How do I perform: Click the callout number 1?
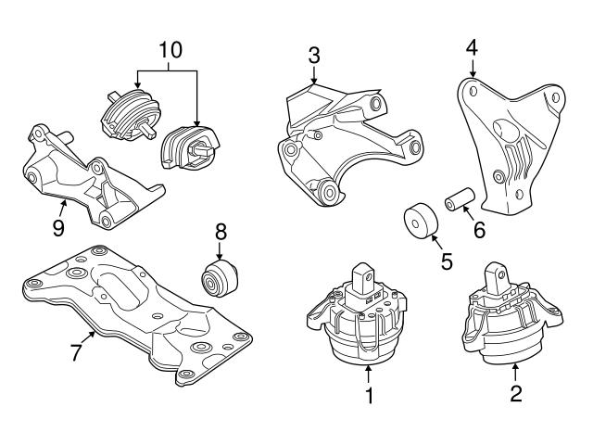369,398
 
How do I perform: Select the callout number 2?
516,394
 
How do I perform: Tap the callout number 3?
314,55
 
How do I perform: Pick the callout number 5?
446,262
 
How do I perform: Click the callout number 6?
479,229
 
